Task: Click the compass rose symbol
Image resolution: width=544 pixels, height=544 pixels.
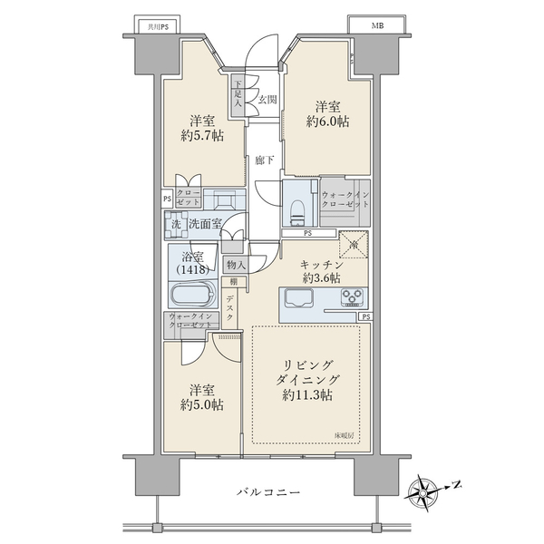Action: (425, 492)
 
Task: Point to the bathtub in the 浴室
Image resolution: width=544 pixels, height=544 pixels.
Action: (190, 296)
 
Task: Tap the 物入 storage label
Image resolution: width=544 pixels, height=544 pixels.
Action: (235, 264)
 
